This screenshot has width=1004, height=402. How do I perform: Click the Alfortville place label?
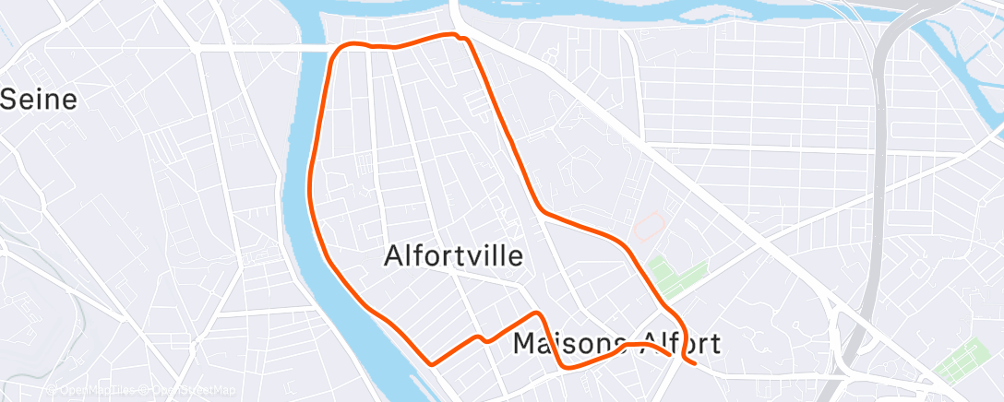[453, 255]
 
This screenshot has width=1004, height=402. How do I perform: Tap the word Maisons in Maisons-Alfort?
[563, 344]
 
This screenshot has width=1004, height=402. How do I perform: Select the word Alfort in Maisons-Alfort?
[675, 344]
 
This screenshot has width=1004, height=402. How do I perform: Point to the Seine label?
[38, 100]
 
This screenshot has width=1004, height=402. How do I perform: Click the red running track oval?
[650, 226]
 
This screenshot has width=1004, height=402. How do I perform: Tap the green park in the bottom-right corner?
[963, 361]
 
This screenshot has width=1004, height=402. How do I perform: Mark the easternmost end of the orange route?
[694, 362]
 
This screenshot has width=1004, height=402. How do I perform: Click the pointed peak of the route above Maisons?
[537, 314]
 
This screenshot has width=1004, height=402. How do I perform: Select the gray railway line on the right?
[880, 184]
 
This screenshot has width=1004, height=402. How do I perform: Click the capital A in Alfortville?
[393, 255]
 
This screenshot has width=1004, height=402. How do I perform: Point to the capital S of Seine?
[9, 100]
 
